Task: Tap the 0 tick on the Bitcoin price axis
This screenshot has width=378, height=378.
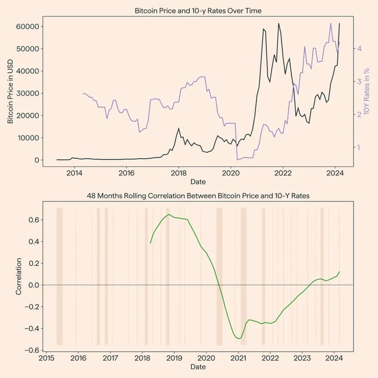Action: pos(35,161)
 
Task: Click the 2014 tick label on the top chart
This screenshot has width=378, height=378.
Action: pos(74,173)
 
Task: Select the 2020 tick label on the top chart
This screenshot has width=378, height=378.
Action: pos(231,173)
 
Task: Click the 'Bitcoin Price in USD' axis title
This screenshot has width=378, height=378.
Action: pos(10,94)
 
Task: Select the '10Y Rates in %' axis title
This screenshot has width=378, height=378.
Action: pos(367,94)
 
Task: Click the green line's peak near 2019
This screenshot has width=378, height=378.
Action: pos(169,215)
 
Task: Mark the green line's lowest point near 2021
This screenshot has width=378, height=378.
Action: pos(238,338)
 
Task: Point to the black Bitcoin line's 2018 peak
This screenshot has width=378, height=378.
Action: pos(179,129)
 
